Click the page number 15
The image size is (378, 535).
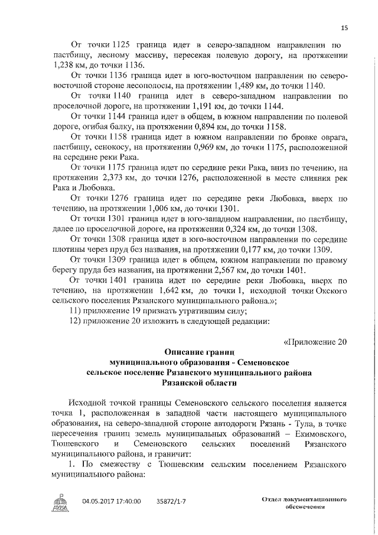344,27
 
